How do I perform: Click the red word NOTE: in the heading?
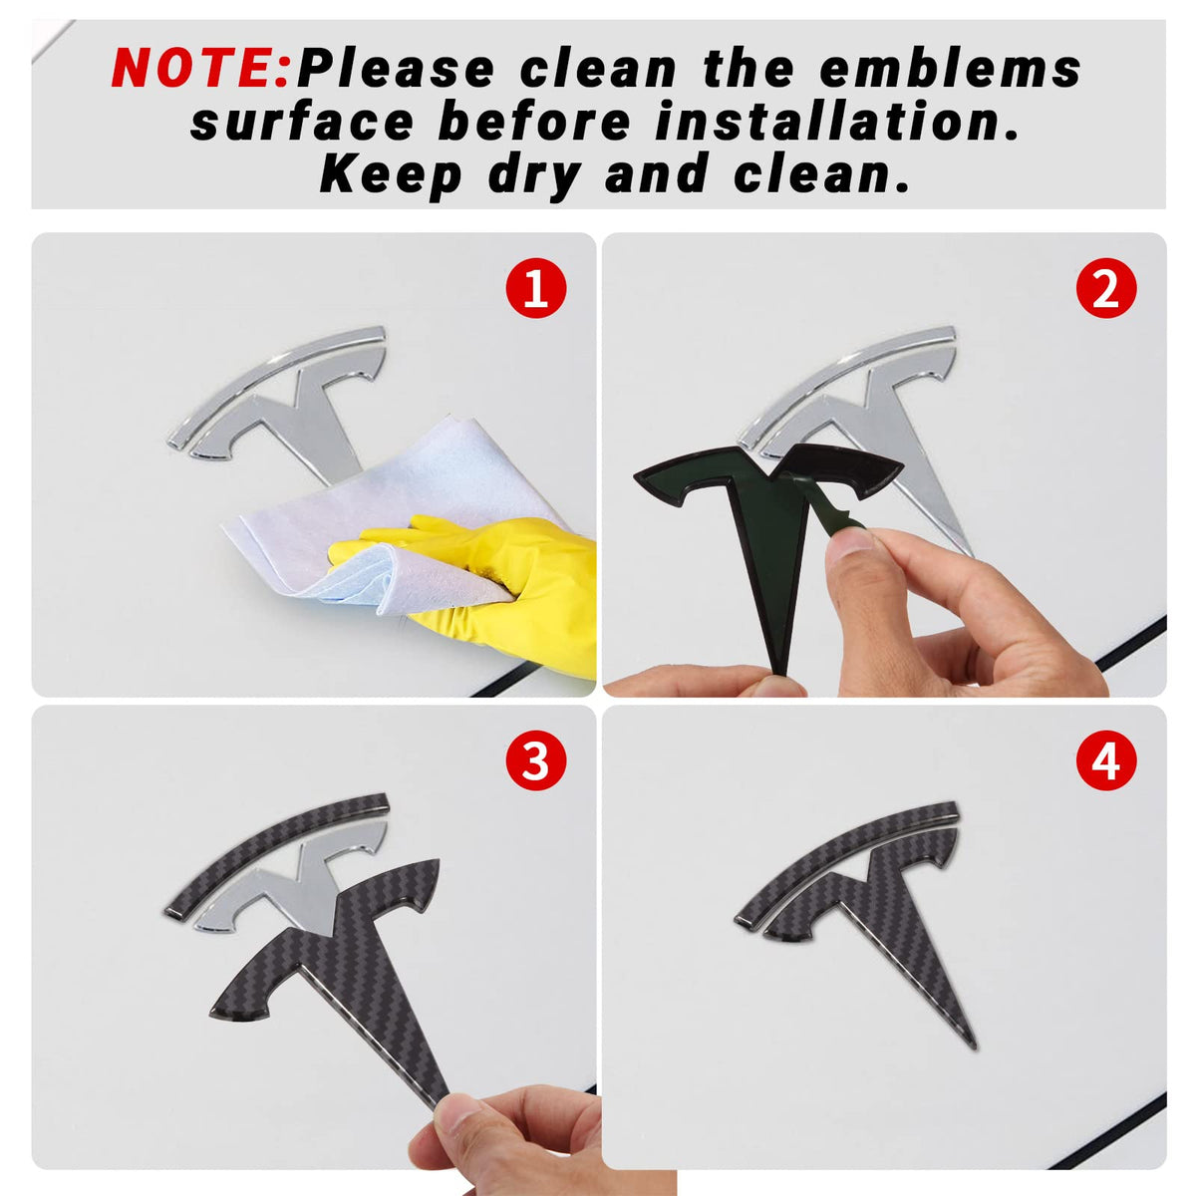[200, 67]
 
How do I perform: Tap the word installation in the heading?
[836, 121]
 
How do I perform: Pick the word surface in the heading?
[302, 121]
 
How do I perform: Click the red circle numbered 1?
[535, 288]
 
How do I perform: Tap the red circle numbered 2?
[1105, 288]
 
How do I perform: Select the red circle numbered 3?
[535, 759]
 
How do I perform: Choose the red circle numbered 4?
[1105, 759]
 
